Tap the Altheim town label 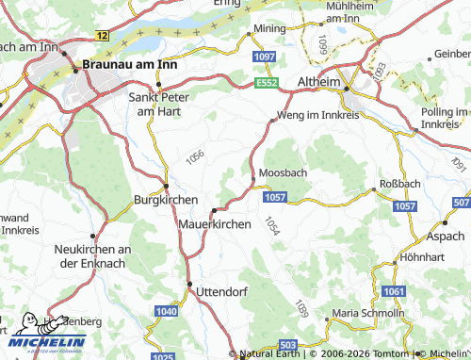coord(317,82)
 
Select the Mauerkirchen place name coord(214,225)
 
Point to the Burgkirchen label coord(166,201)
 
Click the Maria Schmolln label coord(367,313)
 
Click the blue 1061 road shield coord(396,293)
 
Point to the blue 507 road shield coord(461,204)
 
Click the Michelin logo coord(47,337)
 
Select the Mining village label coord(268,30)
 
